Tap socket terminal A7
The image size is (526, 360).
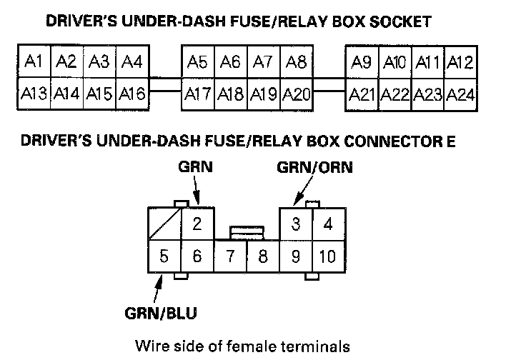click(263, 62)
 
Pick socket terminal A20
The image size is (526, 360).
click(296, 93)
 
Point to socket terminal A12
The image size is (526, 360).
click(460, 63)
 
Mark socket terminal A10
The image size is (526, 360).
click(394, 63)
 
